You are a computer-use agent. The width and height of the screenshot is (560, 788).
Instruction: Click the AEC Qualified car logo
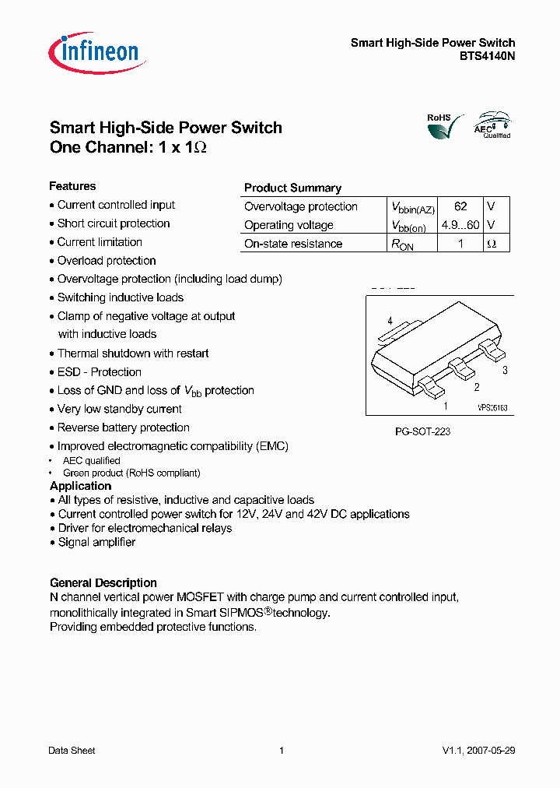[x=493, y=125]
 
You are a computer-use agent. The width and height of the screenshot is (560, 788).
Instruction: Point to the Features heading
[x=72, y=186]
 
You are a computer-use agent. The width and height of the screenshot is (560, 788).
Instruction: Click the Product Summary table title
[x=292, y=188]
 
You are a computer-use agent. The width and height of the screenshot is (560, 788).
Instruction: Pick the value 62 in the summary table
[x=460, y=206]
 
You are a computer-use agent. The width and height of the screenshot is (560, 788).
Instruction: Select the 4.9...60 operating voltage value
[x=460, y=225]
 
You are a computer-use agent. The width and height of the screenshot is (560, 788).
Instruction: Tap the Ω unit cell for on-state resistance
[x=491, y=244]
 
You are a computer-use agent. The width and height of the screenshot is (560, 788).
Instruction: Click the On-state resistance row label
[x=293, y=244]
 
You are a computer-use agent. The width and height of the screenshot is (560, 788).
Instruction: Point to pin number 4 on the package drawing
[x=390, y=321]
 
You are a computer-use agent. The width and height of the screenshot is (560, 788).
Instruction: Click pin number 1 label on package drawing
[x=446, y=406]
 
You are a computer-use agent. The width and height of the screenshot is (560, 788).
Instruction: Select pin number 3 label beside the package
[x=505, y=371]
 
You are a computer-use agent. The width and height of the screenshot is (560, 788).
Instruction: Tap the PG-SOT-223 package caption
[x=422, y=431]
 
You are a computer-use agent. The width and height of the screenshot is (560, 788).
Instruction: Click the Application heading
[x=80, y=486]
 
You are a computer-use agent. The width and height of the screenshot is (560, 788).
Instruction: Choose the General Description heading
[x=103, y=582]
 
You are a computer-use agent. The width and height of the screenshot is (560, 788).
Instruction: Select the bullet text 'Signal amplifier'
[x=96, y=542]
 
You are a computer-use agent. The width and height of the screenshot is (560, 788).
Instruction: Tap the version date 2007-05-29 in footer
[x=490, y=751]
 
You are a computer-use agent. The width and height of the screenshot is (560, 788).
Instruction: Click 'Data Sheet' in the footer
[x=72, y=751]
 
